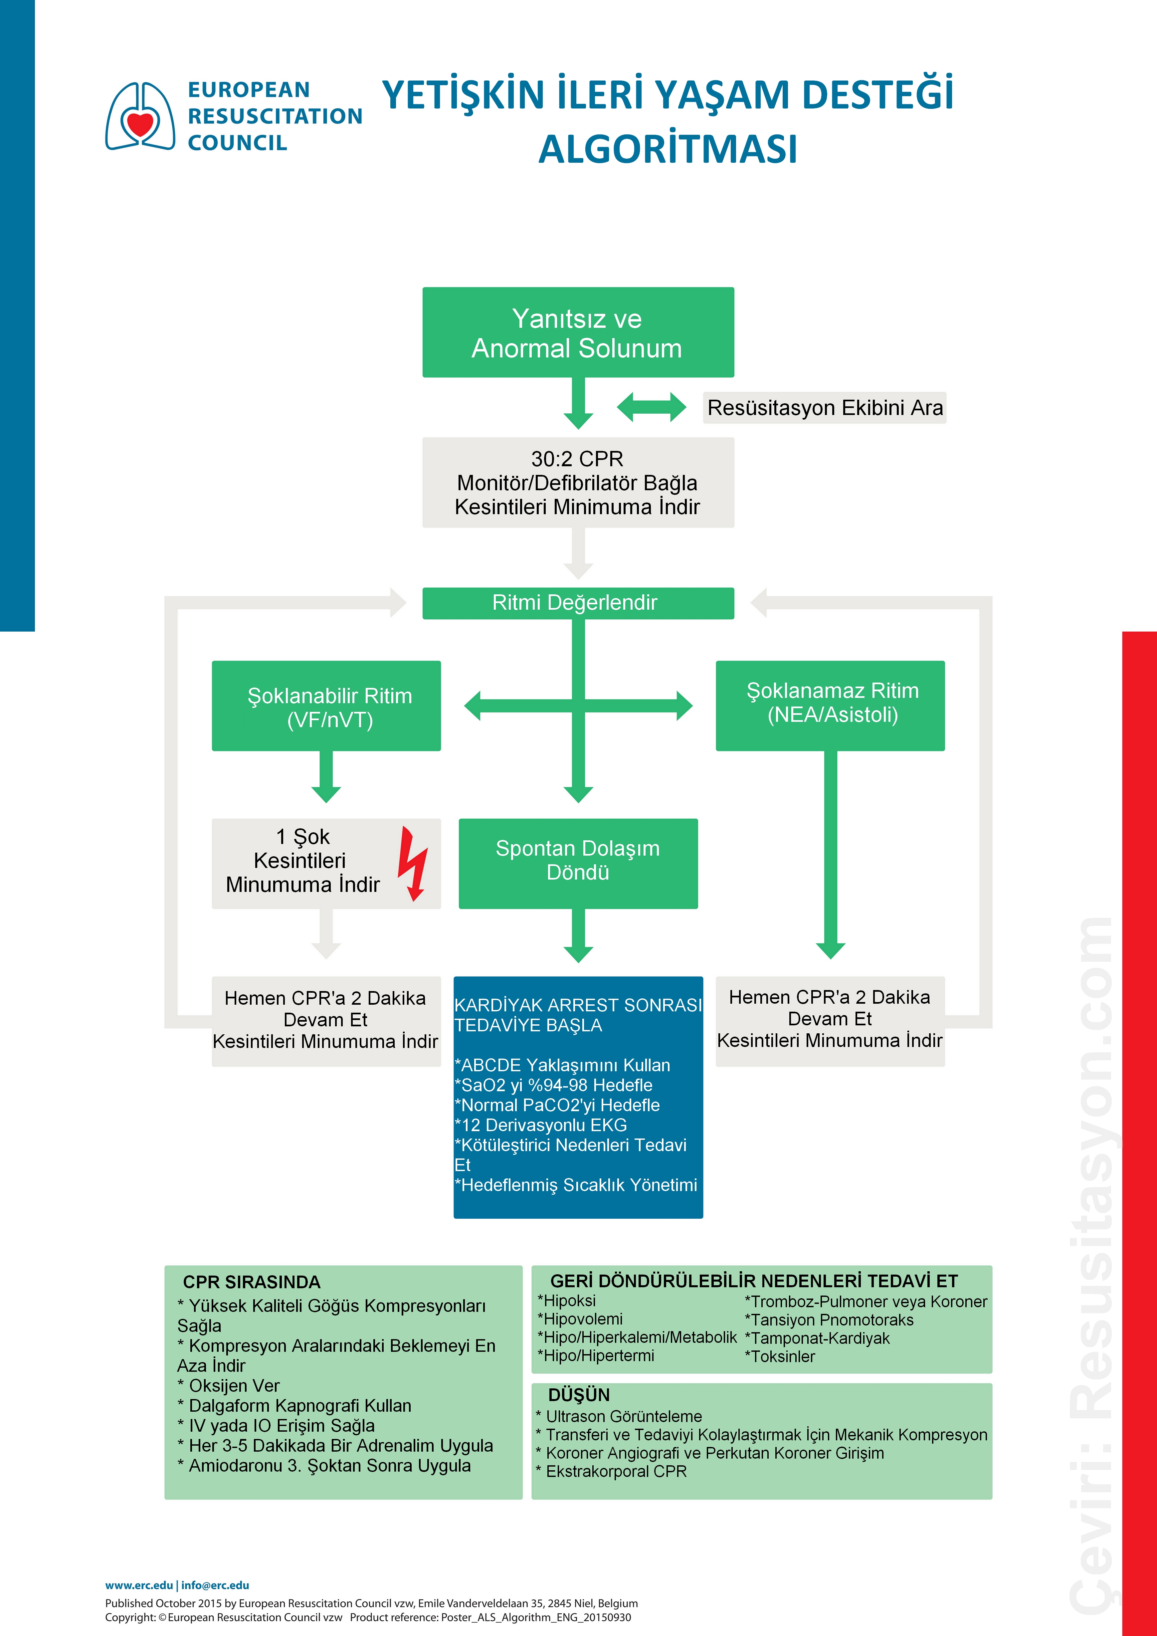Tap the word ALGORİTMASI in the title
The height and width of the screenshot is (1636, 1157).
[668, 149]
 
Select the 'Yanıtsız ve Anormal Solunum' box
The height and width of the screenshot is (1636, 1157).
[578, 333]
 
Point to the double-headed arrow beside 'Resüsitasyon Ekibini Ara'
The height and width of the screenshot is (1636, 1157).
[651, 407]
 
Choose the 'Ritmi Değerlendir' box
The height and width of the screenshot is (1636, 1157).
[578, 603]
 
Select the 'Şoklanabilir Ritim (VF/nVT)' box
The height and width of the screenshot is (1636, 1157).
[326, 706]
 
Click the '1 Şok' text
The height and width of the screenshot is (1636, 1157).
[303, 837]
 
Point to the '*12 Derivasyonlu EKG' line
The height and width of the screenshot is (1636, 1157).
[541, 1125]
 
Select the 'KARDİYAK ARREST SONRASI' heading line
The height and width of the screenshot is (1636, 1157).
[578, 1005]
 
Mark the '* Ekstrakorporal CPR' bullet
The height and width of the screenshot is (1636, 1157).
[611, 1471]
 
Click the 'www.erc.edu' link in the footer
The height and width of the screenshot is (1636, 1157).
[139, 1585]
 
